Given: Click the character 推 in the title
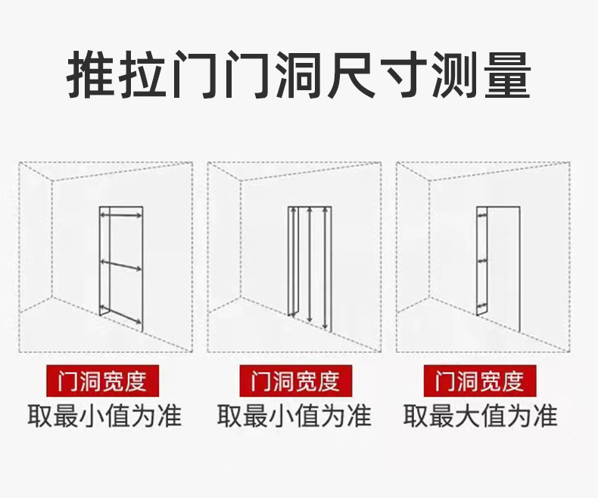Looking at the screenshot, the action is click(91, 74).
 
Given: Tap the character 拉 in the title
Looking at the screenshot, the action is click(143, 74).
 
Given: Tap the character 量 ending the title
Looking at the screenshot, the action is click(508, 74).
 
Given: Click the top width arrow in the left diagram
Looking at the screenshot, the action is click(120, 216).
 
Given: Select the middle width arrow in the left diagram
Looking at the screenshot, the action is click(120, 265).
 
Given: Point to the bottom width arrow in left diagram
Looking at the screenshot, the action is click(120, 315).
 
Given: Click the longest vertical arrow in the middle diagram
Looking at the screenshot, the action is click(325, 268).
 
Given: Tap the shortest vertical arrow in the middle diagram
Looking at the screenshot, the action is click(293, 262).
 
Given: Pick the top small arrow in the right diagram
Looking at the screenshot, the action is click(482, 215).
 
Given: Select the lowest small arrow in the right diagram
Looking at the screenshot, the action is click(482, 306).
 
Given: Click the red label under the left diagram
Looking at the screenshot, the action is click(102, 381).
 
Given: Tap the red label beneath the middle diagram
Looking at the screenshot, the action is click(295, 381).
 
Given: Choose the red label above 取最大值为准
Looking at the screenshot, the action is click(480, 381).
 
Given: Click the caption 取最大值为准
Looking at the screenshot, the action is click(481, 416).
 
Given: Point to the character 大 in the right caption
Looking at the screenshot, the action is click(468, 416).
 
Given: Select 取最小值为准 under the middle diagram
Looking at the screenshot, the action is click(294, 416).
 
